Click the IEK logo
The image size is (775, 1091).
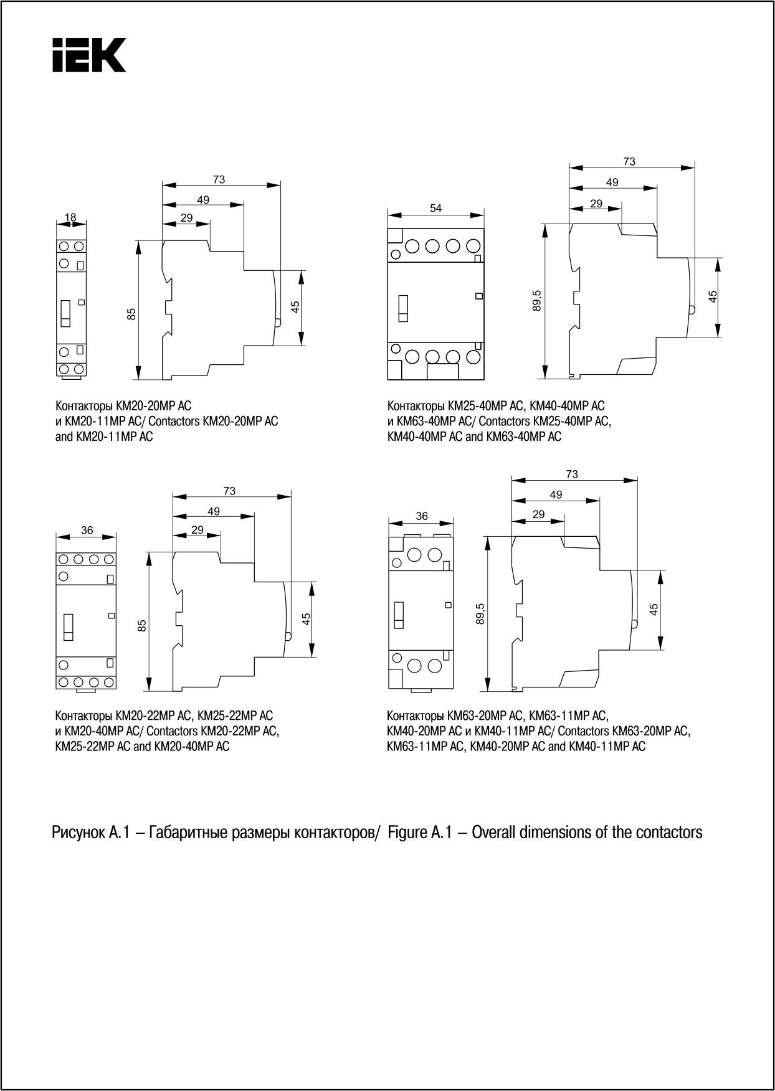(x=88, y=55)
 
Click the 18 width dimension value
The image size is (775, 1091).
(x=70, y=217)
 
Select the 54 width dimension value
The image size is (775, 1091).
(x=435, y=208)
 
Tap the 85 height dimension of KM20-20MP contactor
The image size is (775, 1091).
(x=131, y=314)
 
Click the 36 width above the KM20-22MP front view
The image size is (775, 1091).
(x=87, y=531)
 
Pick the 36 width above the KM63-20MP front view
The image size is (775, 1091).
(x=422, y=516)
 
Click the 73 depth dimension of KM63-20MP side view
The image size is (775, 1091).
(x=572, y=475)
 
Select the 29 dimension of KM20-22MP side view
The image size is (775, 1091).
(x=197, y=530)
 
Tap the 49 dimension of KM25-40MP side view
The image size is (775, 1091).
(x=612, y=182)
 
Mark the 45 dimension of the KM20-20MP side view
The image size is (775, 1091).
(x=295, y=307)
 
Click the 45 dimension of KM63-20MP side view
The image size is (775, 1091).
(x=654, y=610)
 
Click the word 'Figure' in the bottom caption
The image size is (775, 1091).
(x=407, y=833)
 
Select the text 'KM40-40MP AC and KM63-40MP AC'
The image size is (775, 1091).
(x=473, y=437)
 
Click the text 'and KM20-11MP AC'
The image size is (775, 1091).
(x=104, y=437)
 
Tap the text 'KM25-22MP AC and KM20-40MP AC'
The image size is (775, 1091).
(x=142, y=746)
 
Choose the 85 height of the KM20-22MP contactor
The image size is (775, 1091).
(x=142, y=625)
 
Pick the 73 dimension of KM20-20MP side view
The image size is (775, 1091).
(x=219, y=180)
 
